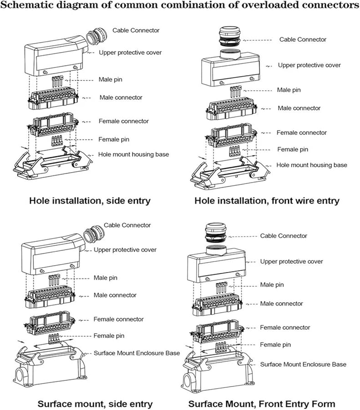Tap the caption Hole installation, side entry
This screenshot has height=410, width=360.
[x=90, y=200]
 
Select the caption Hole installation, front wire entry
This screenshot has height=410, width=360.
[x=267, y=200]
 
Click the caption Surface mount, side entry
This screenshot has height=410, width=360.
[x=95, y=404]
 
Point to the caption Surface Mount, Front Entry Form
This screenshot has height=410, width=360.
[x=262, y=404]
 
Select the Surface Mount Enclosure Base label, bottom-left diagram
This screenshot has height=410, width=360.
[x=137, y=353]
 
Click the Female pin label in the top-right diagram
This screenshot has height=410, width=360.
[x=294, y=149]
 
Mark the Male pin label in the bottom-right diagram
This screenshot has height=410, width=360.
[x=272, y=285]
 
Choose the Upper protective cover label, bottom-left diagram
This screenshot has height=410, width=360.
[x=125, y=250]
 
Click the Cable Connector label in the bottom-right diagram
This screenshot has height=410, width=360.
[x=284, y=236]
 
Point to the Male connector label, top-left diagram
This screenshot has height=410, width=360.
[x=121, y=97]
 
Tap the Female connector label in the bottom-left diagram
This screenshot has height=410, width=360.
[x=118, y=319]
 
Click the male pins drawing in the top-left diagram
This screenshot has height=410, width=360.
[x=58, y=82]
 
